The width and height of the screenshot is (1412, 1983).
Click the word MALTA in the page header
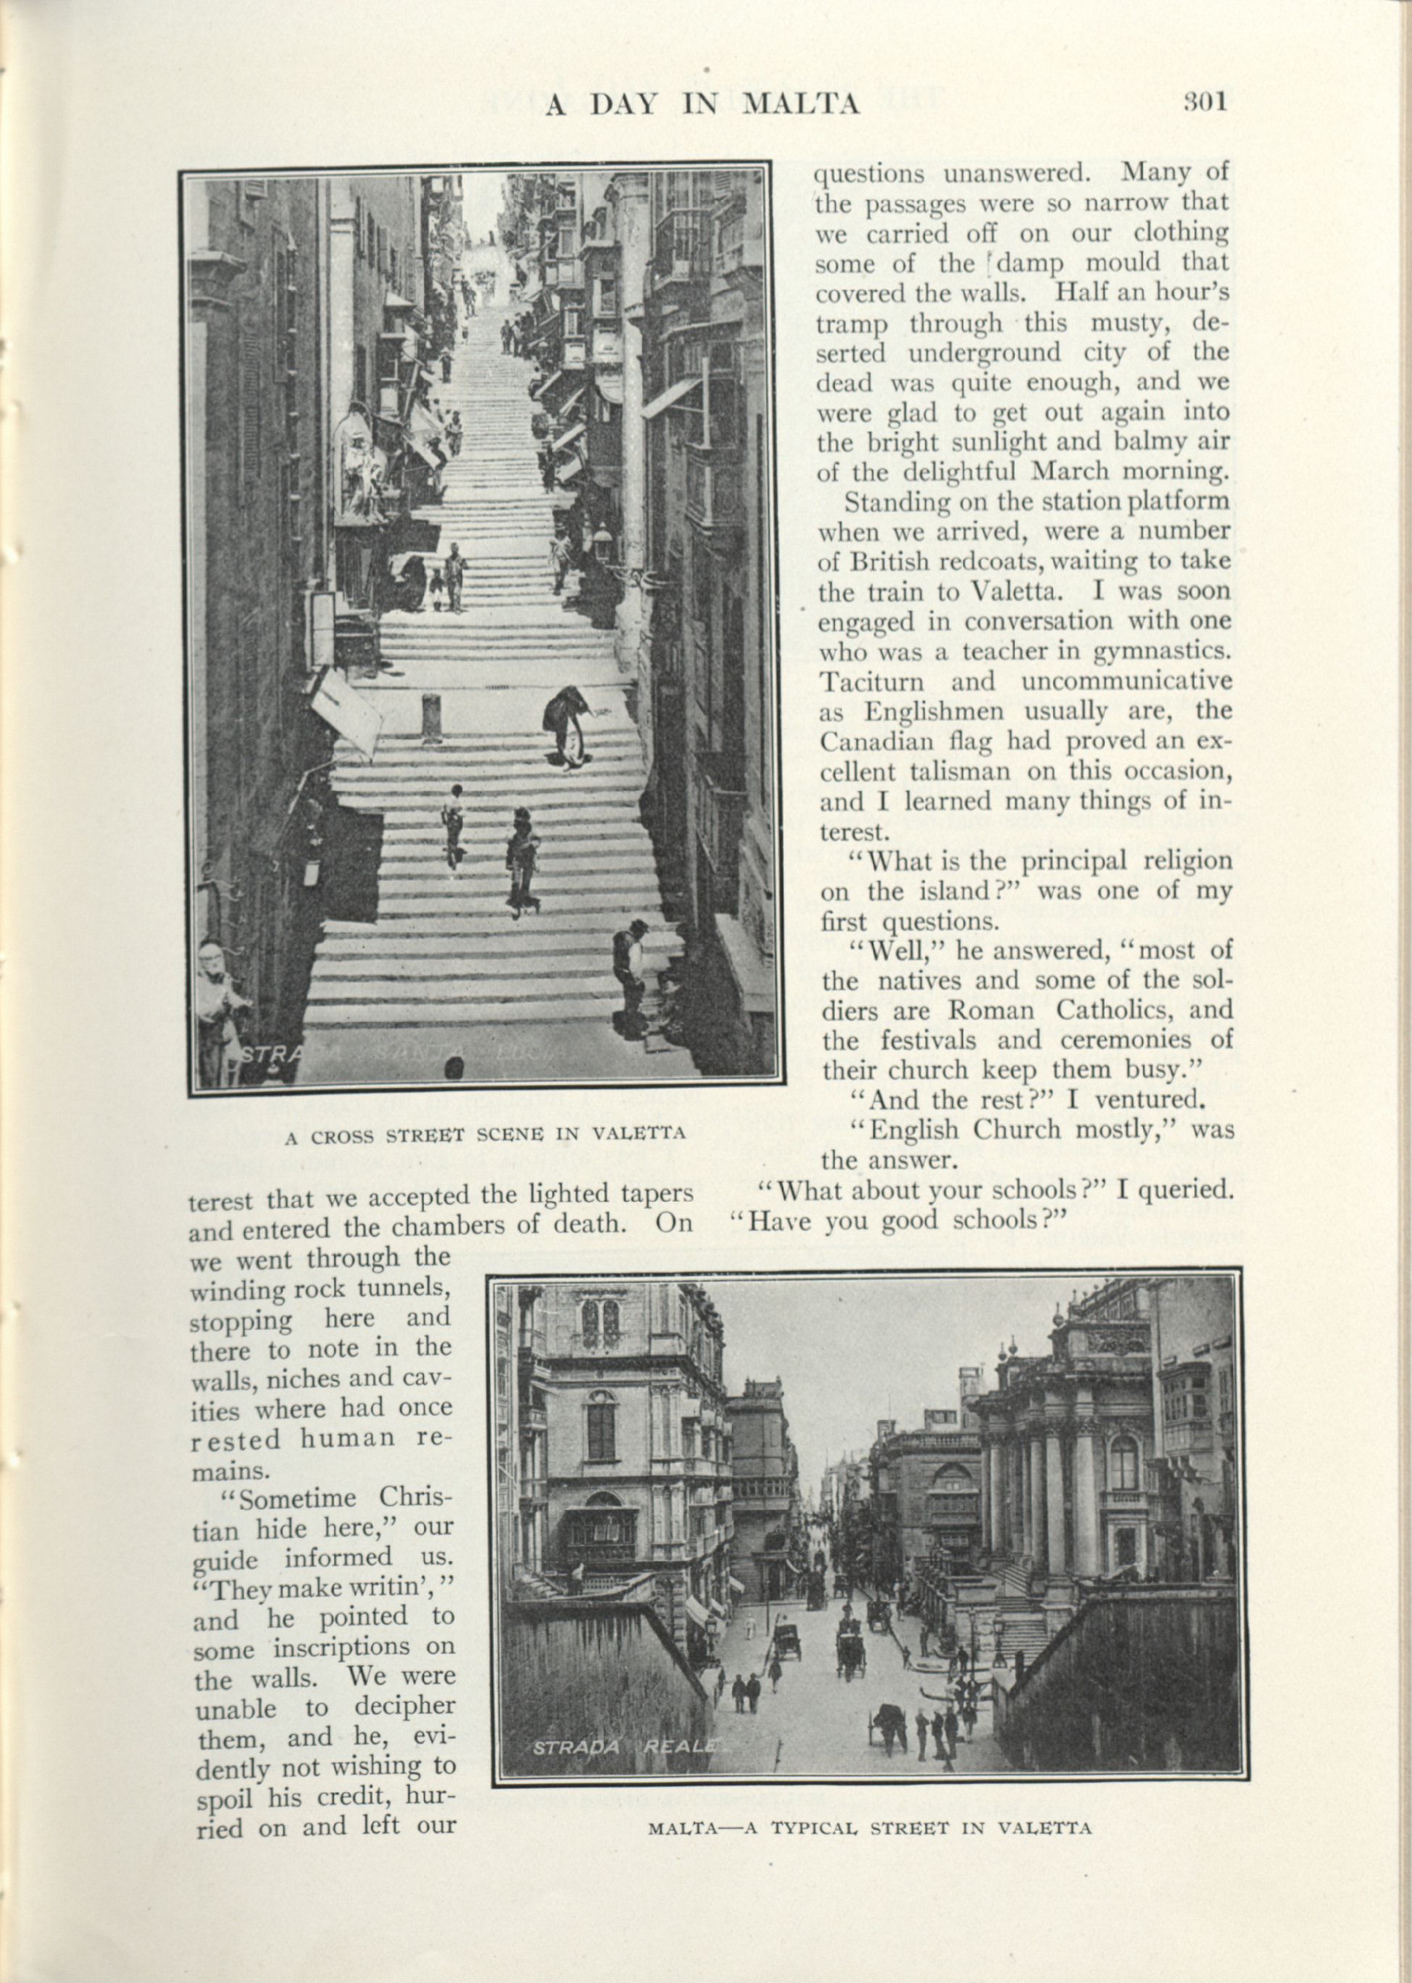tap(801, 104)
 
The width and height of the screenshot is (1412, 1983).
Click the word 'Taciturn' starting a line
tap(872, 681)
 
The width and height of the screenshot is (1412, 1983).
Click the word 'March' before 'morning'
tap(1073, 471)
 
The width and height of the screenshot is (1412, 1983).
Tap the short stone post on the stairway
tap(432, 718)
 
